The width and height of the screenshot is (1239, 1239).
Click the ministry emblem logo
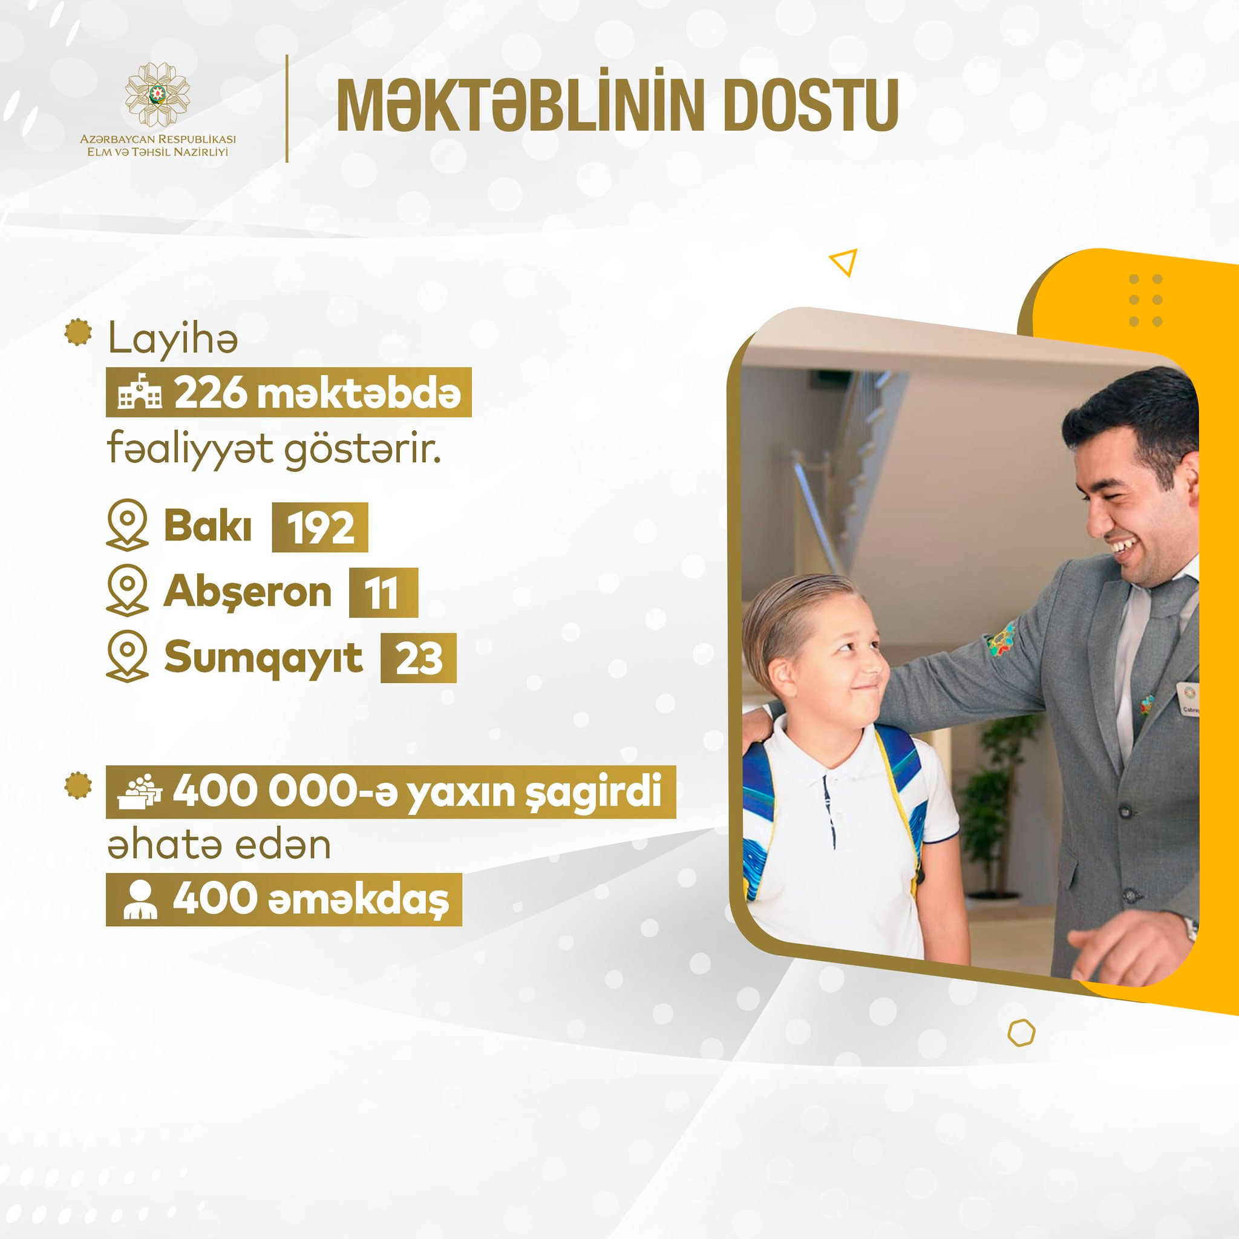pyautogui.click(x=157, y=94)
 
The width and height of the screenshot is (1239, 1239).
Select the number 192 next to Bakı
pyautogui.click(x=320, y=528)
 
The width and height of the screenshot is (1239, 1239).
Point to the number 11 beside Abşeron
pyautogui.click(x=384, y=592)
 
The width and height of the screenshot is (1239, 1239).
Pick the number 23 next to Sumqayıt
pyautogui.click(x=419, y=658)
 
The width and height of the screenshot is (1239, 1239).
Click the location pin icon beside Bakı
pyautogui.click(x=127, y=525)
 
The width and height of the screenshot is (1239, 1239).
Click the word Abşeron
pyautogui.click(x=247, y=592)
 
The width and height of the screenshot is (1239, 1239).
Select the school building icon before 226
pyautogui.click(x=140, y=393)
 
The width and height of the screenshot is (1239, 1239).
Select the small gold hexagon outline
pyautogui.click(x=1021, y=1033)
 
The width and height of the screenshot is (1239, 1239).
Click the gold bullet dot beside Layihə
pyautogui.click(x=78, y=333)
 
